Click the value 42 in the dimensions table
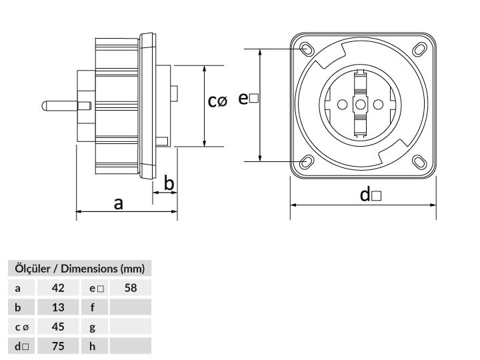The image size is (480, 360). tap(58, 288)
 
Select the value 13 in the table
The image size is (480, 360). tap(58, 307)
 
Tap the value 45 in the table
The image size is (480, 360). tap(58, 327)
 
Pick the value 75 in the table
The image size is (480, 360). tap(58, 346)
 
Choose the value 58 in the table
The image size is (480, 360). tap(131, 288)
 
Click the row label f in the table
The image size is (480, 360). tap(93, 307)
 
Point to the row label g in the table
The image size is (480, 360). tap(93, 327)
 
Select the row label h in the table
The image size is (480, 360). tap(93, 346)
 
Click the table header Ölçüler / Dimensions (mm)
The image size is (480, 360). tap(79, 269)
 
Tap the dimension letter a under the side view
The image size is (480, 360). tap(119, 203)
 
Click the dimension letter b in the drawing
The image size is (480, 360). tap(169, 183)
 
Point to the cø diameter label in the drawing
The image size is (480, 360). tap(217, 101)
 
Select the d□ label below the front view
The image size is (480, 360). tap(371, 195)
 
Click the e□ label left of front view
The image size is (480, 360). tap(248, 98)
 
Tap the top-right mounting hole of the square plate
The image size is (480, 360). tap(419, 49)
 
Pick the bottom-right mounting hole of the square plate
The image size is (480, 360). tap(419, 161)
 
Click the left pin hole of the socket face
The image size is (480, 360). tap(342, 105)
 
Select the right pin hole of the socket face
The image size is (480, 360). tap(379, 105)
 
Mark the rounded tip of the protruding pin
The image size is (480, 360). tap(44, 106)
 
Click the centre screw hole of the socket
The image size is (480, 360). tap(360, 105)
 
